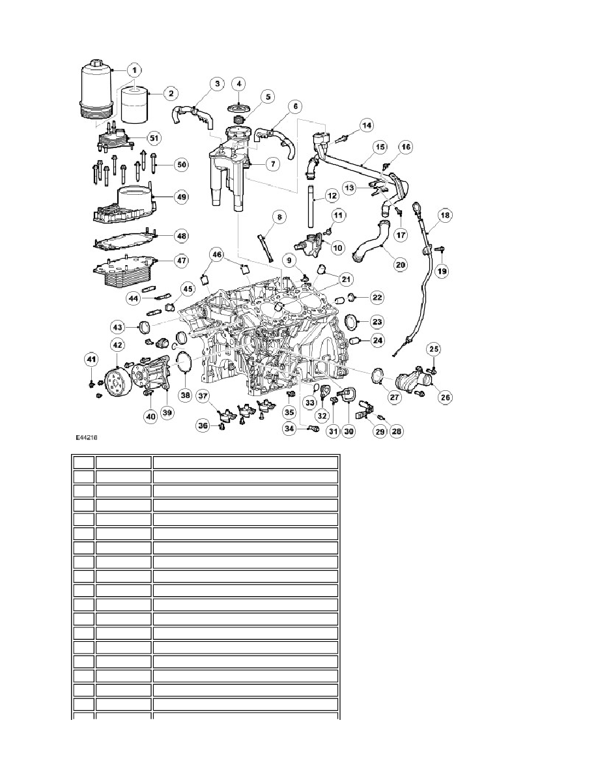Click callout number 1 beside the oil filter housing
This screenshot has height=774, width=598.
click(x=135, y=71)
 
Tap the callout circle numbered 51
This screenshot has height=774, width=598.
click(x=154, y=138)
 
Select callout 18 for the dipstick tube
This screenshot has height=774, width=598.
click(x=445, y=215)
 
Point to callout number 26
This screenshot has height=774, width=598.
click(x=445, y=397)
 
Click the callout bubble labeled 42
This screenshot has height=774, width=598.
click(x=118, y=345)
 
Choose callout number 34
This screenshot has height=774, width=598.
click(x=289, y=429)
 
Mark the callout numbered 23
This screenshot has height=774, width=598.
click(x=377, y=322)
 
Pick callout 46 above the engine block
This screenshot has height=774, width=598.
click(x=217, y=255)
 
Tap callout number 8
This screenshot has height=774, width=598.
click(x=279, y=217)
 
